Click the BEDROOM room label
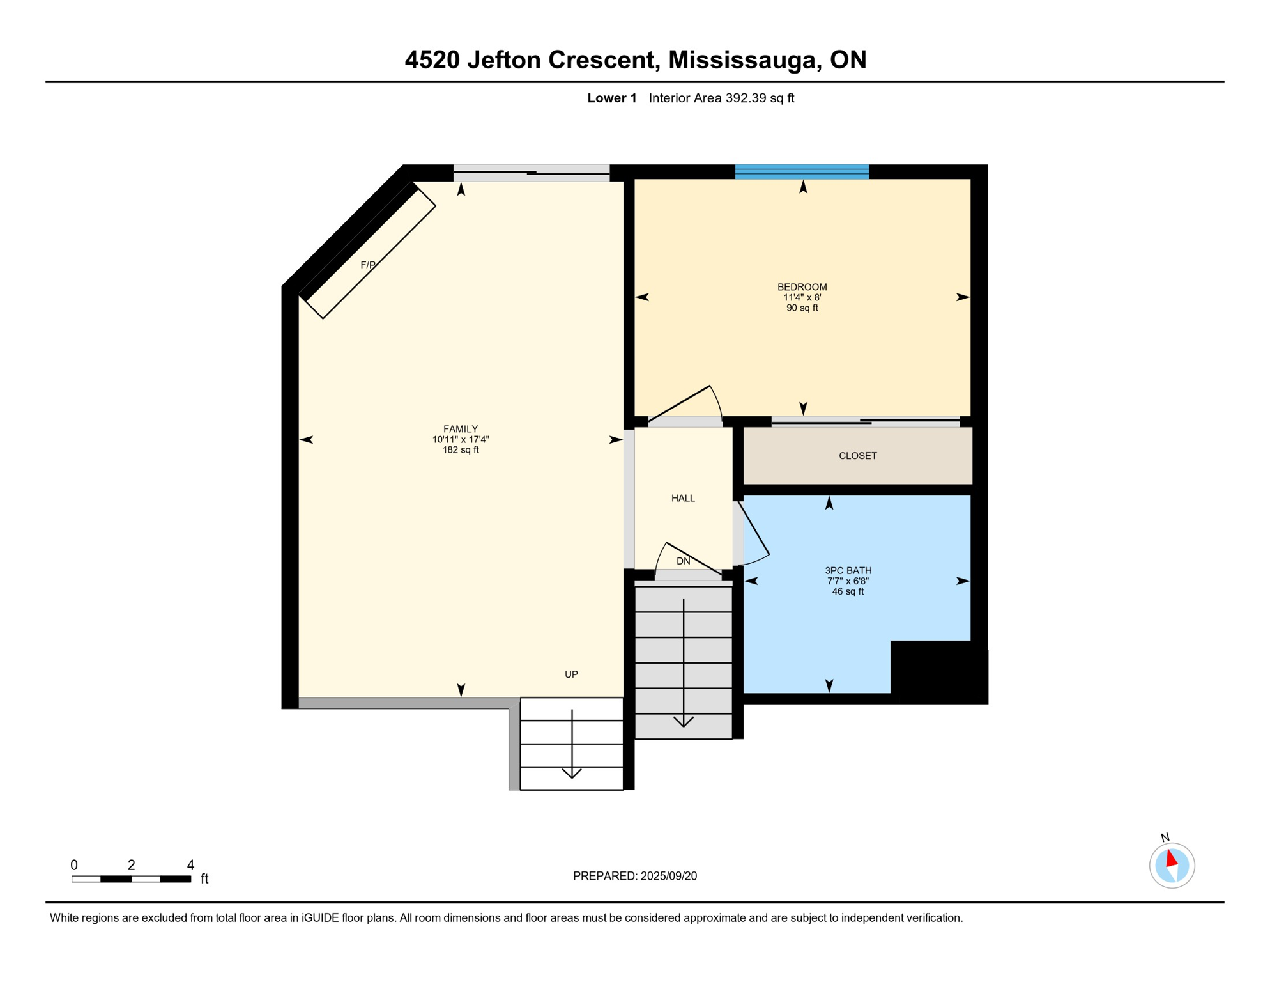[802, 287]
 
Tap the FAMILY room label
[461, 429]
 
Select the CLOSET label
[857, 456]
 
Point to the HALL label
[683, 498]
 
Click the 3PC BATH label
[848, 570]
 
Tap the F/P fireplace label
[368, 265]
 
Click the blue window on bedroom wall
[802, 171]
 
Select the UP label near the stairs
[571, 674]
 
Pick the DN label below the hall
[683, 561]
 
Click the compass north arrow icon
[1172, 864]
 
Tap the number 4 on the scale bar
[190, 865]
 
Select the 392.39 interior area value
[746, 98]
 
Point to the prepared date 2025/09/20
[669, 876]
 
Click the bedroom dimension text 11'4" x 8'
[802, 297]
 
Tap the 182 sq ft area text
[461, 450]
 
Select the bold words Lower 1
[611, 98]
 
